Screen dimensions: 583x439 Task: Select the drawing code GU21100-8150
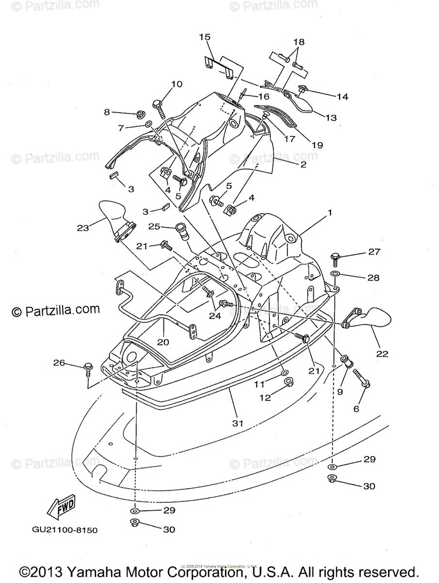(x=65, y=530)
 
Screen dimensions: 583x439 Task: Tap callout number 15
(x=205, y=37)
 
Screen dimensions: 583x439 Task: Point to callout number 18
(x=298, y=42)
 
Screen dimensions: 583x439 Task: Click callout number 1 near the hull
(x=329, y=212)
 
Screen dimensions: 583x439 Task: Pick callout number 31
(x=237, y=423)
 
